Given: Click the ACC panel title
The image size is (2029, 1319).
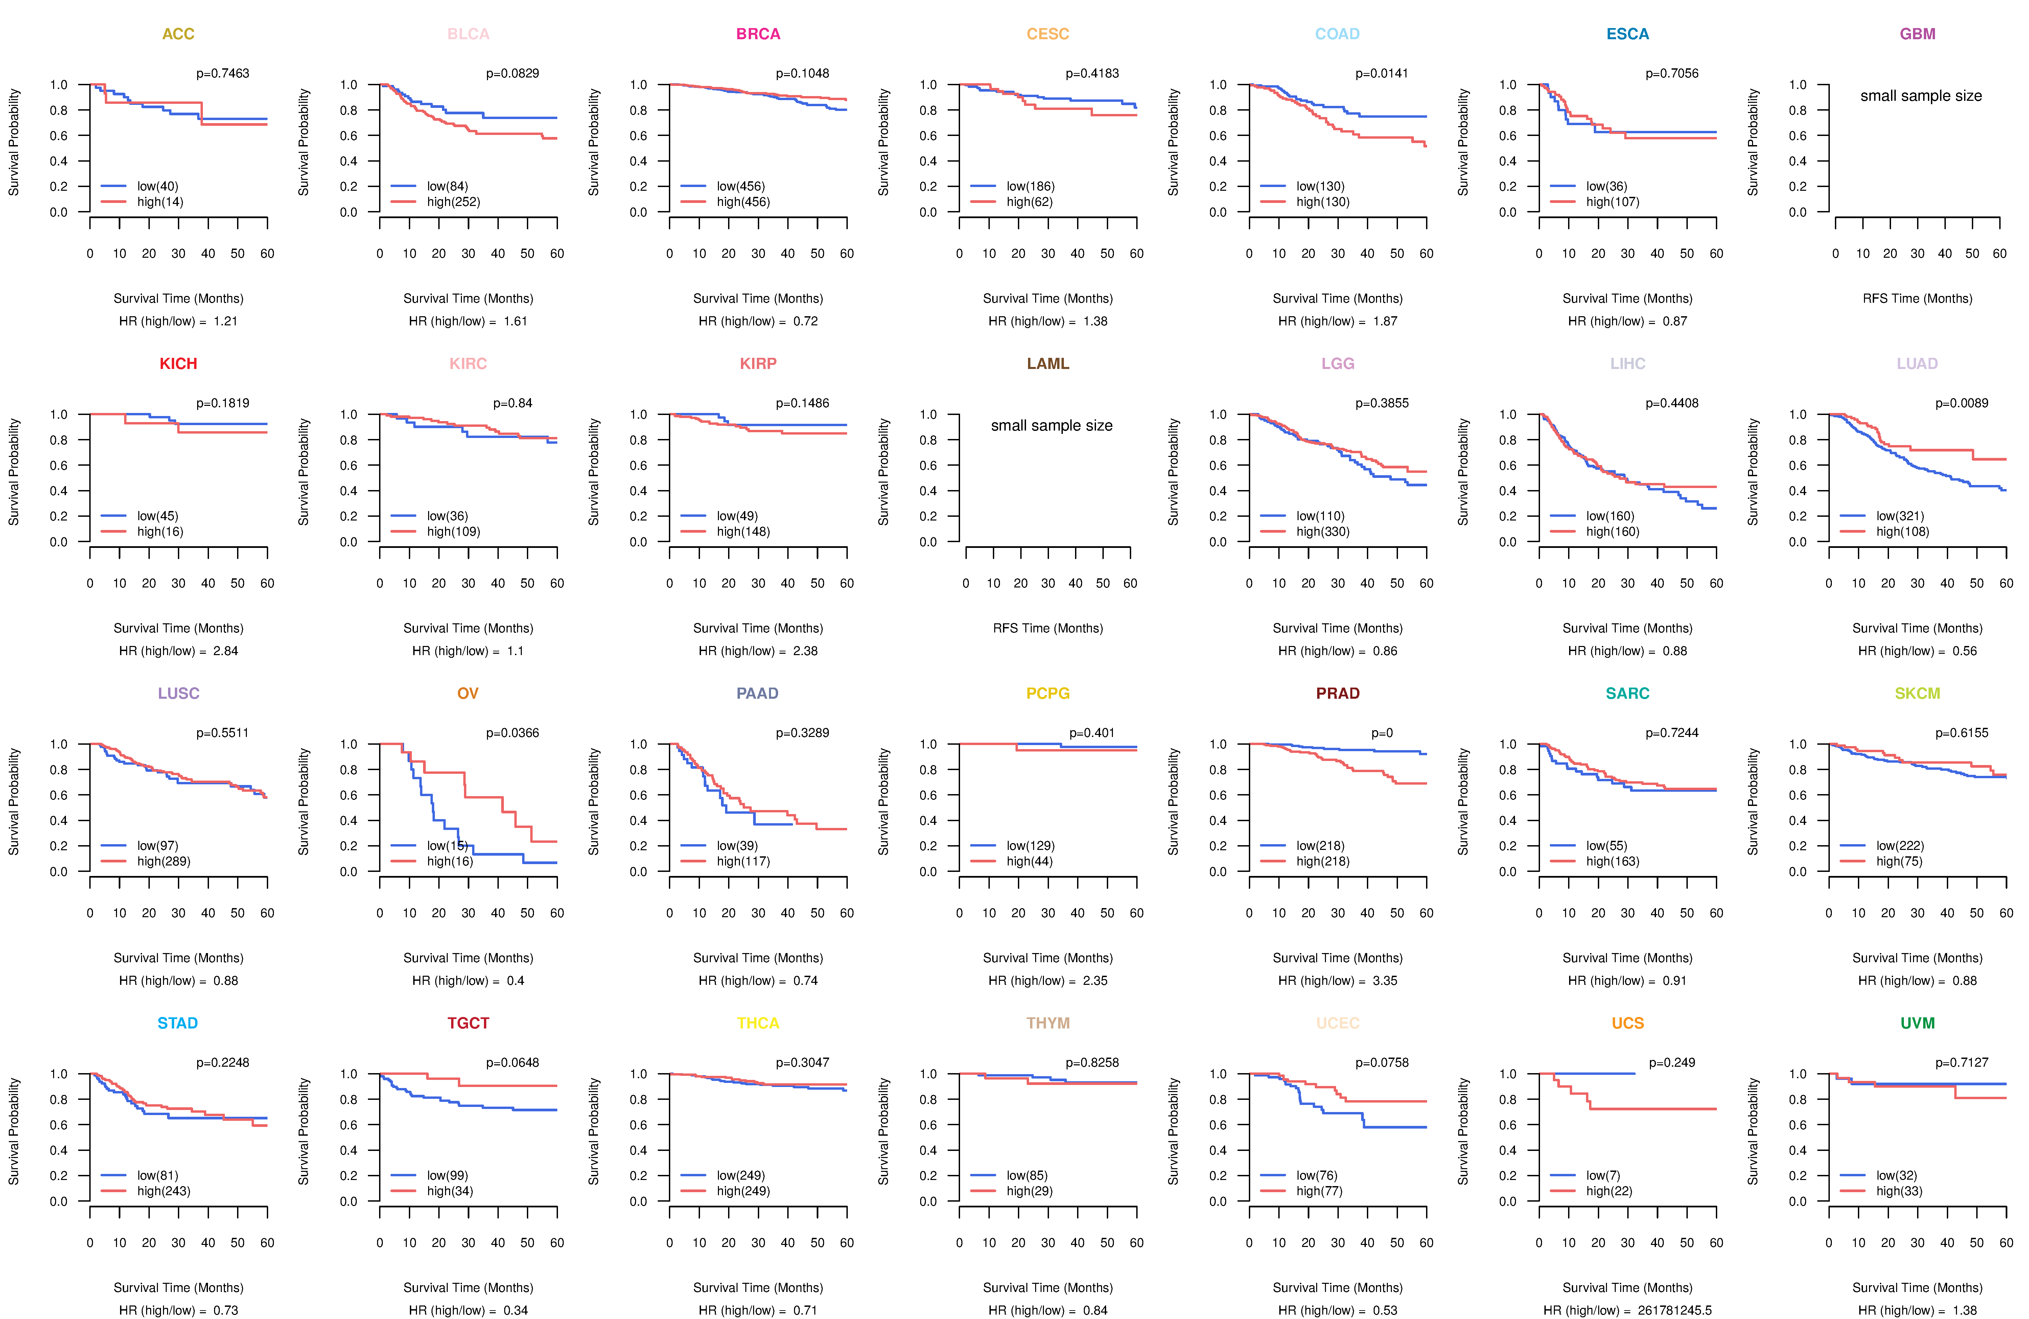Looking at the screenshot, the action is (178, 34).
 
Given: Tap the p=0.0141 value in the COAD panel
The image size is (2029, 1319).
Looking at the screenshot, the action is (1382, 73).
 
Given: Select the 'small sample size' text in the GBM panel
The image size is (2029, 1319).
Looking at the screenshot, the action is (1921, 95).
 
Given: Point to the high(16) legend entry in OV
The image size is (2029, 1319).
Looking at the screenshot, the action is (450, 861).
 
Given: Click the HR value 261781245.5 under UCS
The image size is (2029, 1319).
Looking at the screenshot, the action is (1674, 1311).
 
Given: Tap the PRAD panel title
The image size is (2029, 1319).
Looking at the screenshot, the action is (1337, 693).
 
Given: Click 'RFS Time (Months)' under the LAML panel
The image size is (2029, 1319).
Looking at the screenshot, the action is (1048, 628).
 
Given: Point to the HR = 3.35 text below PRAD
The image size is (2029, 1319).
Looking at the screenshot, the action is (1337, 980).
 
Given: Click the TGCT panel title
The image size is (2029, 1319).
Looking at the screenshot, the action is (468, 1023).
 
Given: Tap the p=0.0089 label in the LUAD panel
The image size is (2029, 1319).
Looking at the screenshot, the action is (1962, 403).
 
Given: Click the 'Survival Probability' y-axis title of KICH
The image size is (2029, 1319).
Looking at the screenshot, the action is (14, 471).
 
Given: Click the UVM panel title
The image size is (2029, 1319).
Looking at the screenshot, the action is (1917, 1023).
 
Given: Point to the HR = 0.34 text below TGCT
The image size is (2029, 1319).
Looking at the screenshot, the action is (468, 1311).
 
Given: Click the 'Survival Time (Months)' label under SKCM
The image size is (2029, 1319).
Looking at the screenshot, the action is (1917, 958).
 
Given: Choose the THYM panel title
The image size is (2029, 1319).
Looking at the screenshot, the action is (1048, 1023).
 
